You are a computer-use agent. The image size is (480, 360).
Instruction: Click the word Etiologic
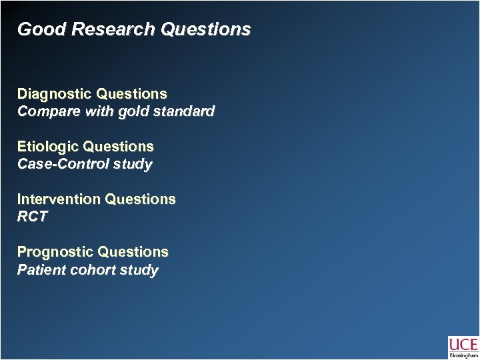[45, 146]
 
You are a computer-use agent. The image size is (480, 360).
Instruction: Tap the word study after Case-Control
[132, 164]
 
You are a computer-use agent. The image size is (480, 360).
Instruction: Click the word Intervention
[56, 199]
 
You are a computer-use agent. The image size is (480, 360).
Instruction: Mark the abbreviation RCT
[33, 217]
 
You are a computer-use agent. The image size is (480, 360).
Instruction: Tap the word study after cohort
[139, 271]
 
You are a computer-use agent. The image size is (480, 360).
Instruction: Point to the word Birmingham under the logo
[463, 356]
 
